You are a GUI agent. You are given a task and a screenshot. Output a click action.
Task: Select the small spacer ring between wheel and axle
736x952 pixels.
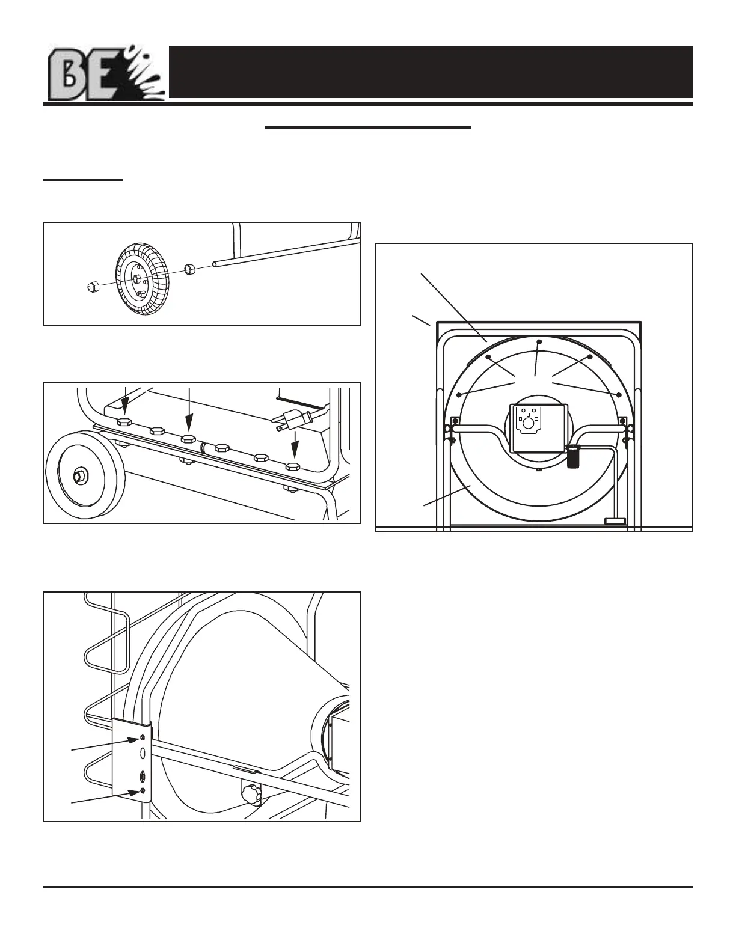pyautogui.click(x=191, y=269)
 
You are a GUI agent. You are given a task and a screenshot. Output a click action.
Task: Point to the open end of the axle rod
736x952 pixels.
pyautogui.click(x=215, y=264)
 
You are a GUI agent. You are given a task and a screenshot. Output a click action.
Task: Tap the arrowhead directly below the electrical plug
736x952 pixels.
pyautogui.click(x=294, y=455)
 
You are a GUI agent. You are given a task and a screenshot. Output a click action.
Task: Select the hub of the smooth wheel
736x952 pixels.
pyautogui.click(x=79, y=475)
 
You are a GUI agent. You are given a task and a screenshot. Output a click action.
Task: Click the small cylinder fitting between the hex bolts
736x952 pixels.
pyautogui.click(x=204, y=447)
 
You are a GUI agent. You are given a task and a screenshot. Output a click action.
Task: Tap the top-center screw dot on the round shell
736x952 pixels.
pyautogui.click(x=539, y=341)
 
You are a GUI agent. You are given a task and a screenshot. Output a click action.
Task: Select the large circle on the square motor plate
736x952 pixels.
pyautogui.click(x=529, y=423)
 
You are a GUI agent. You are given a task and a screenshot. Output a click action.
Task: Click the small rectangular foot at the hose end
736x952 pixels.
pyautogui.click(x=615, y=522)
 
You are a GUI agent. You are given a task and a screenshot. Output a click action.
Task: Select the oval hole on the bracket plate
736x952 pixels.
pyautogui.click(x=143, y=754)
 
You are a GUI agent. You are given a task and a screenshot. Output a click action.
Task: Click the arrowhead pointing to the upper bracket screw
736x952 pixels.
pyautogui.click(x=135, y=741)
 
